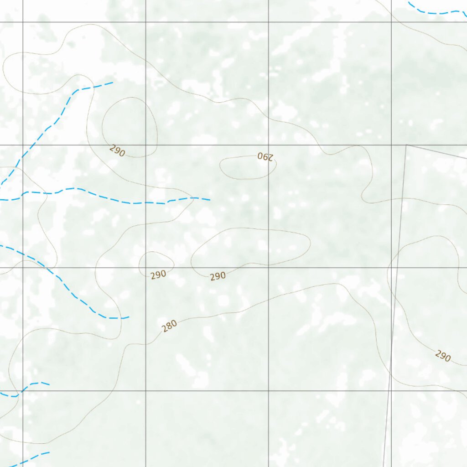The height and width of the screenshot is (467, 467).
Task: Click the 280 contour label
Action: (169, 326)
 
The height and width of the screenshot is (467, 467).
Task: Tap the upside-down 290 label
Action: (265, 157)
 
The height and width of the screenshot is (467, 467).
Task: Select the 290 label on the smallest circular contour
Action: (158, 275)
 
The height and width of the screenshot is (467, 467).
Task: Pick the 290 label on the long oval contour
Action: (218, 276)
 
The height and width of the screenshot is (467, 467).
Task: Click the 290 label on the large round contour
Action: (117, 150)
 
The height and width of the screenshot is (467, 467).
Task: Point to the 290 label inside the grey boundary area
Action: (442, 356)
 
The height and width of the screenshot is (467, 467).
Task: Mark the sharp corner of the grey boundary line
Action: (406, 145)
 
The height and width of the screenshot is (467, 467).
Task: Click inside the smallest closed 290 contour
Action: (156, 262)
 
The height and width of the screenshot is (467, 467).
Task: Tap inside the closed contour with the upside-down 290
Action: (248, 168)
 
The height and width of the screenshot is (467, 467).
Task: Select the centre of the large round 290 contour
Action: (130, 127)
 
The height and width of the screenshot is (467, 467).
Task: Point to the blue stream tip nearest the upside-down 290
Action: (209, 200)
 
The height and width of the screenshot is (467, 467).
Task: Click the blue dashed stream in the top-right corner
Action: (438, 12)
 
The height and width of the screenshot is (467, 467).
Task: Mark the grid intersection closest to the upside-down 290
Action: (268, 145)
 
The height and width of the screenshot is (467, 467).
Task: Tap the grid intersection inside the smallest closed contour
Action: (145, 268)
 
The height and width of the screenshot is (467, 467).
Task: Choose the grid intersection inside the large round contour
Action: (145, 145)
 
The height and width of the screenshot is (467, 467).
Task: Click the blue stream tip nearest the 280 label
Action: (129, 317)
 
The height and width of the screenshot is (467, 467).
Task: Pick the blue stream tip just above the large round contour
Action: (112, 83)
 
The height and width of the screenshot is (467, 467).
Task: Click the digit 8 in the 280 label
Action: (169, 326)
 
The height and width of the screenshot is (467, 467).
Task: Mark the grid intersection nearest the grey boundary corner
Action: (391, 145)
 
